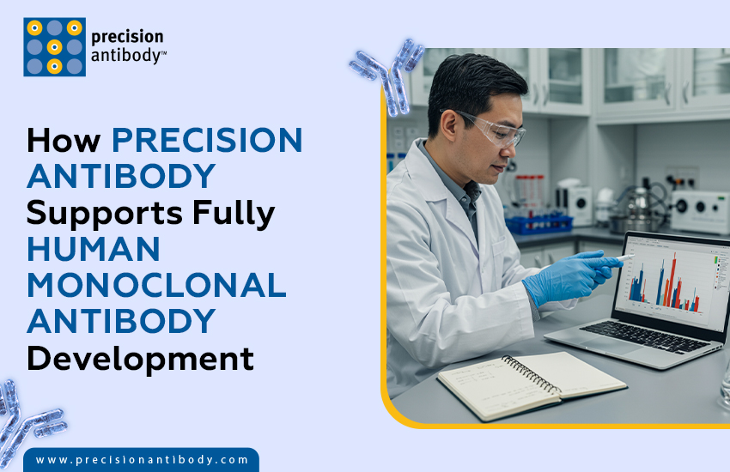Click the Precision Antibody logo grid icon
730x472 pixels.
click(x=54, y=47)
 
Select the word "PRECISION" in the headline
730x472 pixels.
click(x=207, y=140)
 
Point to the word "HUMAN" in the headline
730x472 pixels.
click(x=94, y=249)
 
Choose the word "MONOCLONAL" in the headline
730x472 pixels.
click(x=155, y=285)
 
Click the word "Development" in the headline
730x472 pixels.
click(x=140, y=358)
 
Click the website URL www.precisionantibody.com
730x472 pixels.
click(x=142, y=460)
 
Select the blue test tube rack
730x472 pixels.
click(x=538, y=224)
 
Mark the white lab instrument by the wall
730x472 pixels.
click(x=700, y=209)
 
